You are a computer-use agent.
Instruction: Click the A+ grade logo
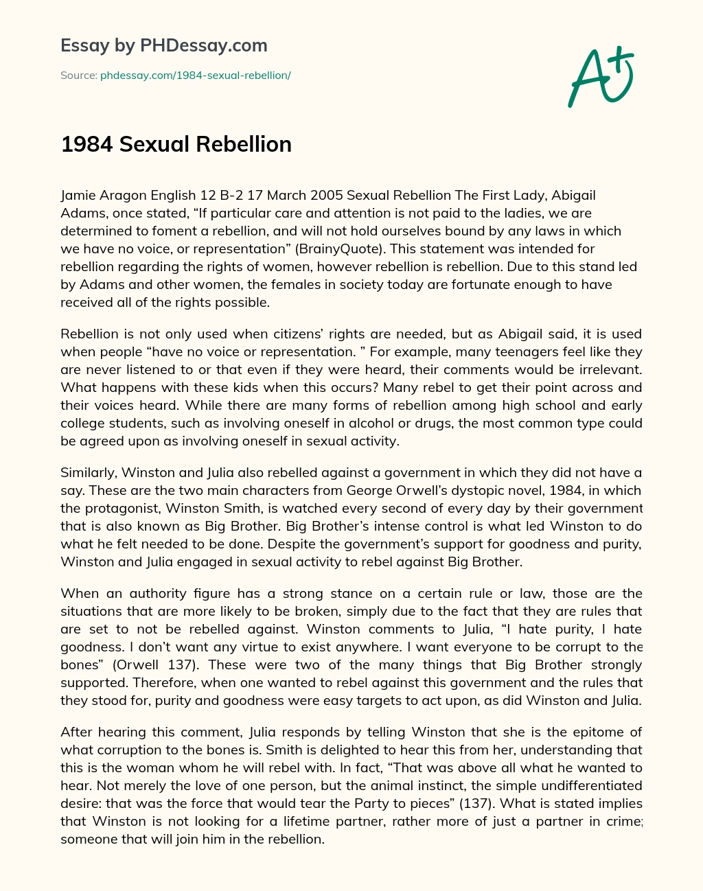pos(600,76)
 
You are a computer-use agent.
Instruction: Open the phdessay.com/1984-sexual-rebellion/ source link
pos(195,76)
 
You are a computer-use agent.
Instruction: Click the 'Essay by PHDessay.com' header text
pos(164,45)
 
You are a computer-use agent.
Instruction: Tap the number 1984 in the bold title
pos(87,144)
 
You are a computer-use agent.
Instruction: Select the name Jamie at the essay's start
pos(78,195)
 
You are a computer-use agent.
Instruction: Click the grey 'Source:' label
pos(79,76)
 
